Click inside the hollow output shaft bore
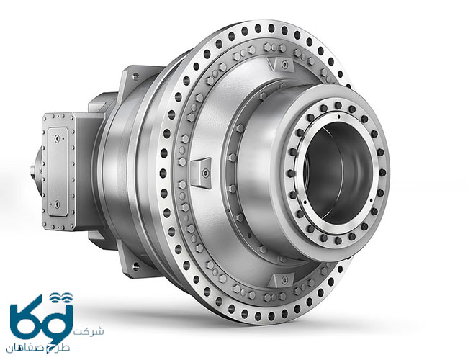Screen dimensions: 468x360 [337, 173]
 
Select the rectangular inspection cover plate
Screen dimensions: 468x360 [58, 171]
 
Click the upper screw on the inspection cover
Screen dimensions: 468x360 [57, 138]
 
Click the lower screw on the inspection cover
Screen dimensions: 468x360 [57, 204]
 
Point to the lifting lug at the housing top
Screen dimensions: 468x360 [281, 64]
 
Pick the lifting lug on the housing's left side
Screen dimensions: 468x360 [201, 173]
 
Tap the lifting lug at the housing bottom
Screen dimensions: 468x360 [281, 281]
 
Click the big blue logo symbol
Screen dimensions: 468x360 [41, 319]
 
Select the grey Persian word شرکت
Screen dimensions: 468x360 [89, 332]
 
